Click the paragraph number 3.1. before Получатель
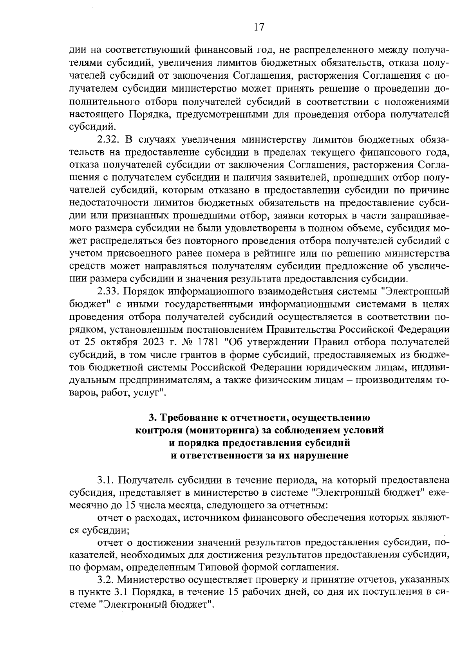[106, 480]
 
